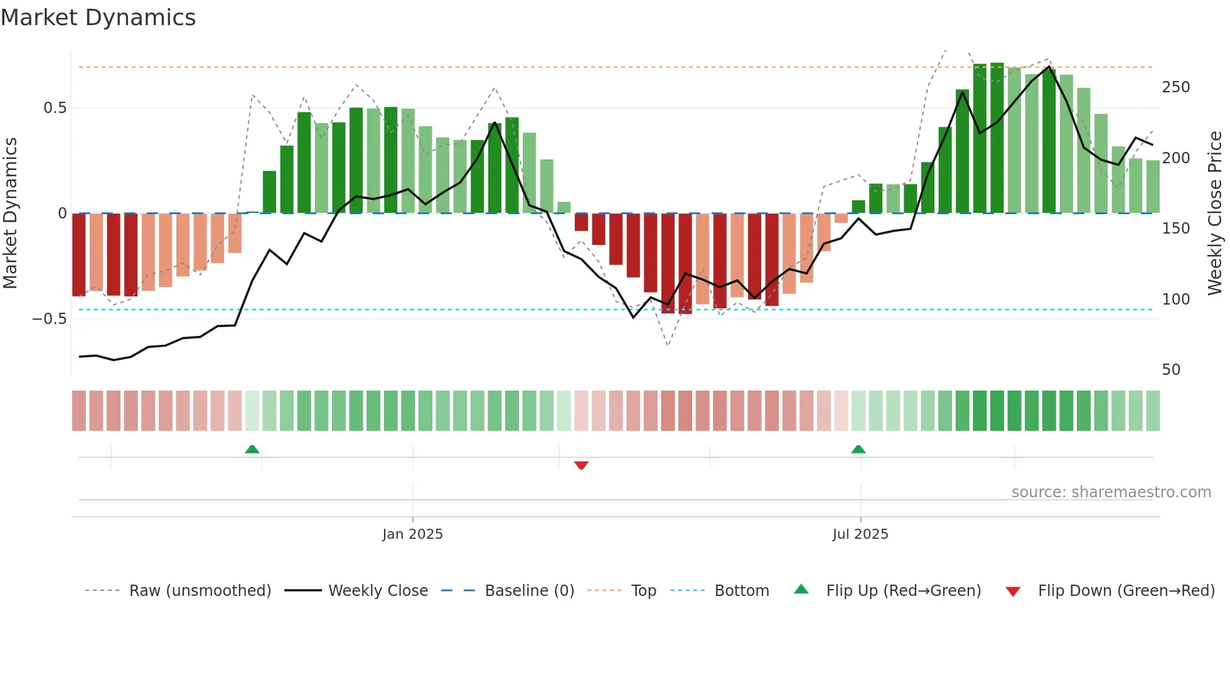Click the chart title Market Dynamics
click(99, 18)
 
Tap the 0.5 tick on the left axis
click(55, 108)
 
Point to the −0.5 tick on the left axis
click(50, 319)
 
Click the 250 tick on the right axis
click(1175, 87)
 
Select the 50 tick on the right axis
click(1171, 370)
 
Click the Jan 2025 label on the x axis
click(412, 534)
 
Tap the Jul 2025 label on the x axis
click(860, 534)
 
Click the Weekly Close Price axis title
click(1215, 214)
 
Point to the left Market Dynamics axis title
click(10, 214)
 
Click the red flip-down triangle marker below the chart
click(581, 465)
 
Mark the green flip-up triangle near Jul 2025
click(858, 449)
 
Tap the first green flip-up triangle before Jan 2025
click(252, 449)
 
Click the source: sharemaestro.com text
click(1111, 492)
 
